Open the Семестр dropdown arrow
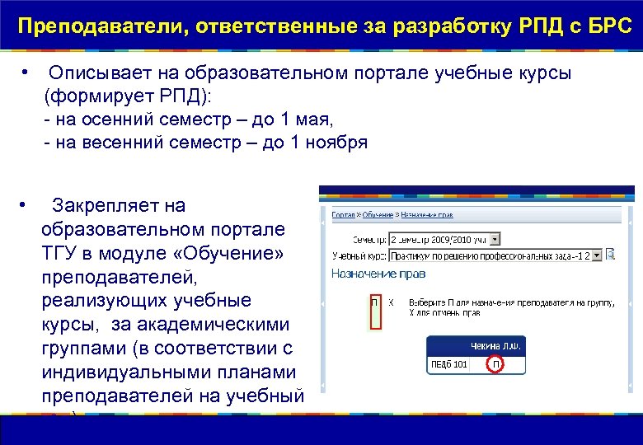tap(495, 239)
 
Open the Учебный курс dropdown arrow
tap(598, 255)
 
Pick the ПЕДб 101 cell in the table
tap(449, 363)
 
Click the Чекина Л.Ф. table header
tap(495, 346)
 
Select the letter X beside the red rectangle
tap(392, 302)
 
